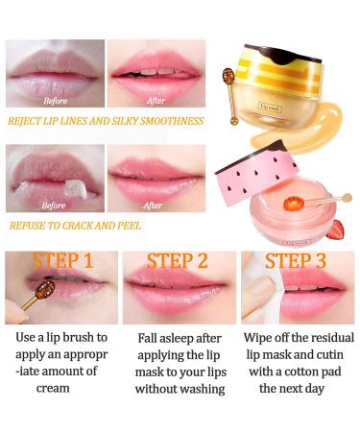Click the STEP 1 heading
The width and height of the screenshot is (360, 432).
pyautogui.click(x=62, y=260)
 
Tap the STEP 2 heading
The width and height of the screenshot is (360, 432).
pyautogui.click(x=177, y=261)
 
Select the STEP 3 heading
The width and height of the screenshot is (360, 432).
pyautogui.click(x=295, y=261)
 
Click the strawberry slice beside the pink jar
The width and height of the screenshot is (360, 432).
pyautogui.click(x=335, y=229)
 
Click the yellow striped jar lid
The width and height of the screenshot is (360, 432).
pyautogui.click(x=278, y=71)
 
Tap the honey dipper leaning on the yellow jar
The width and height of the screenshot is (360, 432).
pyautogui.click(x=231, y=96)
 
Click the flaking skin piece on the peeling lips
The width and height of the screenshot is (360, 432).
pyautogui.click(x=76, y=190)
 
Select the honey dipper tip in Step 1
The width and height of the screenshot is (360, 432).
pyautogui.click(x=45, y=289)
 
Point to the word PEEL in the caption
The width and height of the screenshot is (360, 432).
pyautogui.click(x=130, y=226)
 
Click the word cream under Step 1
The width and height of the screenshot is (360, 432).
pyautogui.click(x=53, y=388)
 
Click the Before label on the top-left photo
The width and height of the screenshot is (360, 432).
pyautogui.click(x=56, y=101)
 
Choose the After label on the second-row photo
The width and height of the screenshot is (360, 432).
pyautogui.click(x=153, y=205)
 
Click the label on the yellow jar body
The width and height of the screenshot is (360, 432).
pyautogui.click(x=271, y=108)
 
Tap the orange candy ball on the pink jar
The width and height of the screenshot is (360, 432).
pyautogui.click(x=293, y=204)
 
